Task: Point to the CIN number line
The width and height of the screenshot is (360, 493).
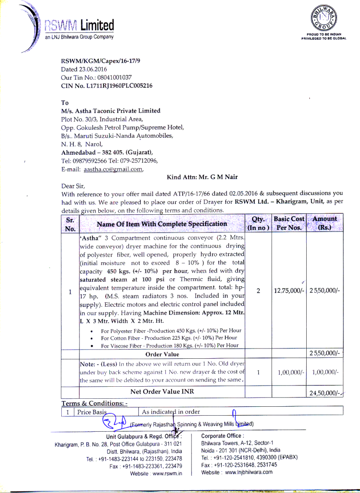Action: [107, 85]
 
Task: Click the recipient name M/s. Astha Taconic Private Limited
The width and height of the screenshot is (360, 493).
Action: [111, 111]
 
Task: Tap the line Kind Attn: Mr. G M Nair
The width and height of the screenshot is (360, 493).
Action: [202, 177]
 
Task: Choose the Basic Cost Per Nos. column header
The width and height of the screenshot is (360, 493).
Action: [289, 224]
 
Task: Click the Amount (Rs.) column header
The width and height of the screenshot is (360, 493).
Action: [325, 224]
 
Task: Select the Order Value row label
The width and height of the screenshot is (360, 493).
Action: [162, 354]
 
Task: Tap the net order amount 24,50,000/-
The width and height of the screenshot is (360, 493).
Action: [324, 393]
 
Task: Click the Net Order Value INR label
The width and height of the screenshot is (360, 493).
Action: [162, 392]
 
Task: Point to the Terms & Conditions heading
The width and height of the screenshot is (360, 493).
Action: [95, 403]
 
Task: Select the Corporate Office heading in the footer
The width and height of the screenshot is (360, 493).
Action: [222, 436]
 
